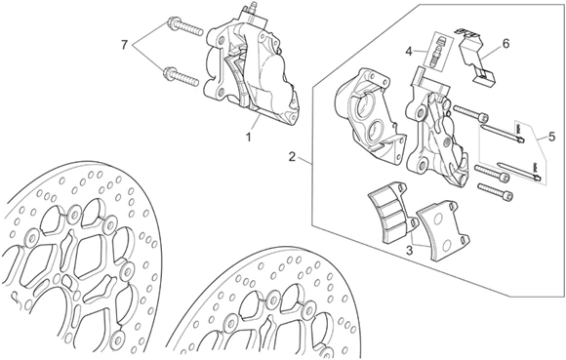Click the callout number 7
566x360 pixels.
pyautogui.click(x=124, y=45)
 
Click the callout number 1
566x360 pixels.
pyautogui.click(x=248, y=138)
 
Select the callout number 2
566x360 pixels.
pyautogui.click(x=292, y=157)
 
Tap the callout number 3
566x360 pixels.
pyautogui.click(x=409, y=251)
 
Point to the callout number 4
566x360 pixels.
pyautogui.click(x=408, y=52)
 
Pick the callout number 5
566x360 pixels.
pyautogui.click(x=551, y=137)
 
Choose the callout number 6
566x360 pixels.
pyautogui.click(x=505, y=44)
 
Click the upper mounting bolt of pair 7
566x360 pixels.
pyautogui.click(x=184, y=28)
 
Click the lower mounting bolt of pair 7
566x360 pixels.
pyautogui.click(x=182, y=77)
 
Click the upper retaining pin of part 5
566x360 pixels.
pyautogui.click(x=503, y=133)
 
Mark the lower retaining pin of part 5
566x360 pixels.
pyautogui.click(x=519, y=171)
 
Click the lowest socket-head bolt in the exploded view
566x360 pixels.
pyautogui.click(x=495, y=191)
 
